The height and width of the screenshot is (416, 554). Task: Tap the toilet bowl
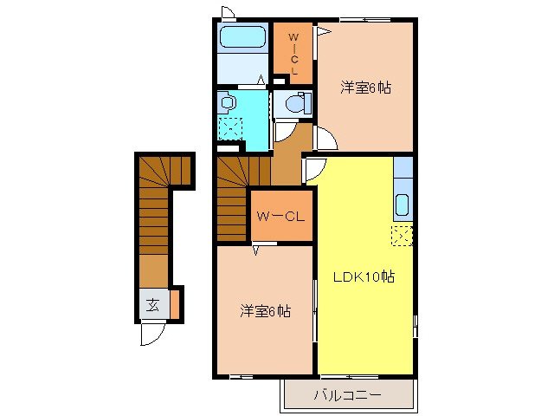click(293, 105)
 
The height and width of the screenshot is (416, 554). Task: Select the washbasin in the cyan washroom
click(228, 102)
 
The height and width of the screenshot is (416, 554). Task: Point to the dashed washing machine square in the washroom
click(231, 129)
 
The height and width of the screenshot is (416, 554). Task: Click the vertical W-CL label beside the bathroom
click(293, 53)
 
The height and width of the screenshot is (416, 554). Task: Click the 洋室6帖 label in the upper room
click(364, 88)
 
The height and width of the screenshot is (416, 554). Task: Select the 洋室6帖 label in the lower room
click(264, 310)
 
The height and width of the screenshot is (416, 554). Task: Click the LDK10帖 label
click(365, 277)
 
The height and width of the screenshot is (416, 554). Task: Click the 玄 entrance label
click(152, 305)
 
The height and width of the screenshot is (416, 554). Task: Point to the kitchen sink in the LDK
click(402, 206)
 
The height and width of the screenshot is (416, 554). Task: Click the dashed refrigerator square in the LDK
click(402, 235)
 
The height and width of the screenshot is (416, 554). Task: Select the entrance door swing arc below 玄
click(152, 334)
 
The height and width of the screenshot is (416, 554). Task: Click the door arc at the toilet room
click(285, 133)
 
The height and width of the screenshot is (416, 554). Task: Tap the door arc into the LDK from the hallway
click(312, 171)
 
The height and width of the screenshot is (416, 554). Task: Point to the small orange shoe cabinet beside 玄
click(174, 304)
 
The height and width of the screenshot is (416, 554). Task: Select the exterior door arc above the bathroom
click(228, 12)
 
